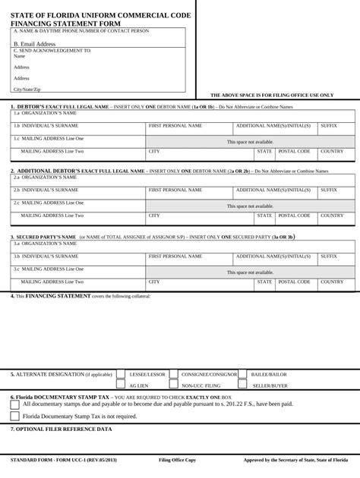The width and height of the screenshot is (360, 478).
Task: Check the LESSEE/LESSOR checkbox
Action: (121, 375)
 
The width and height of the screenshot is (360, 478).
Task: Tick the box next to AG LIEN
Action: (121, 385)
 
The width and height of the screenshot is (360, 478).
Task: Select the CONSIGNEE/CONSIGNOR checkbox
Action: (174, 375)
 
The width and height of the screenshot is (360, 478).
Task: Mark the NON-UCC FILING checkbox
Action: (174, 385)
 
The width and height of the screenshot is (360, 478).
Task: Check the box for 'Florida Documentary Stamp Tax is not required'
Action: (15, 416)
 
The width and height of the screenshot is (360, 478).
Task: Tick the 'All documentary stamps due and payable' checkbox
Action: (15, 404)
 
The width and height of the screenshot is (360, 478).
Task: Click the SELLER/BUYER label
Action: (270, 386)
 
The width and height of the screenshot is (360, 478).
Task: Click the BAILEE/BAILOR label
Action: (269, 375)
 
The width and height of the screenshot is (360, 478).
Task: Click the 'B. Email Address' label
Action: (34, 44)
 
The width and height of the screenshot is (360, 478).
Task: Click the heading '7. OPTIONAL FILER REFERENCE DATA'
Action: (61, 429)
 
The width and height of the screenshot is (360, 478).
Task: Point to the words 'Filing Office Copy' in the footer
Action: (177, 461)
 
